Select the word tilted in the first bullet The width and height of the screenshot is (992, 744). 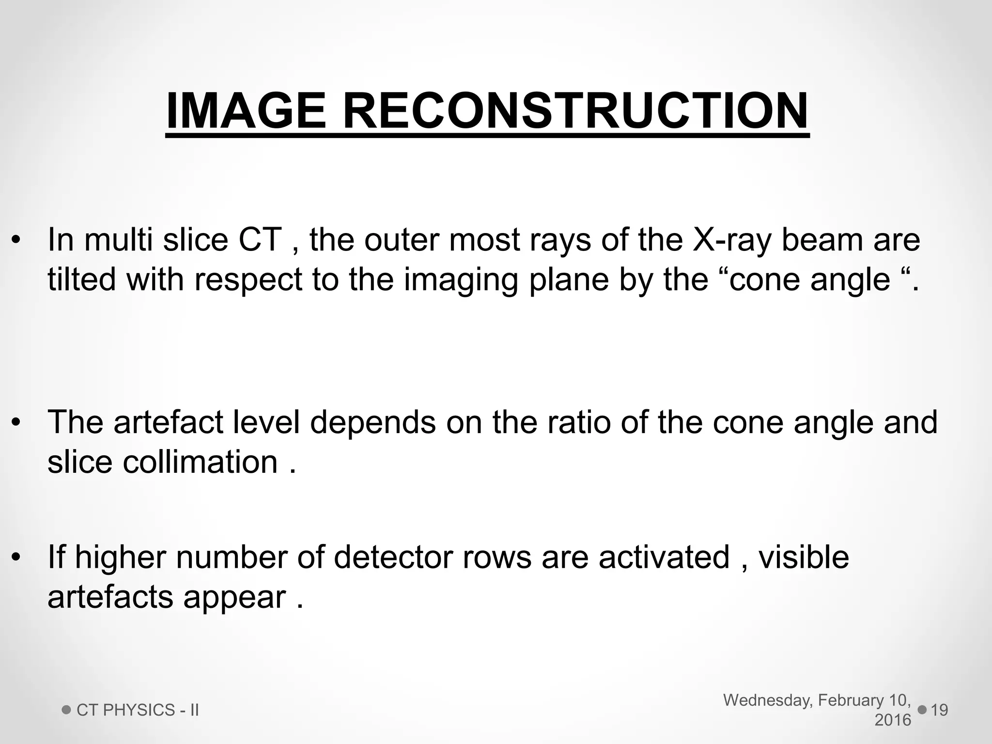tap(82, 279)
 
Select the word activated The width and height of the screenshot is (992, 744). tap(664, 557)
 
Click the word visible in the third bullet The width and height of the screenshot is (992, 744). tap(804, 557)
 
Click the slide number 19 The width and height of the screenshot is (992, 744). tap(939, 710)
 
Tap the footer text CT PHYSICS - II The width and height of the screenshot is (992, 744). tap(138, 710)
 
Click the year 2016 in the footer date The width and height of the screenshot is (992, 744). tap(893, 720)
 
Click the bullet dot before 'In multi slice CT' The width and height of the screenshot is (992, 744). tap(16, 240)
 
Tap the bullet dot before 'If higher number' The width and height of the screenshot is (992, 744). tap(16, 558)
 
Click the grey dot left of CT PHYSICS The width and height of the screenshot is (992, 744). tap(67, 710)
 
